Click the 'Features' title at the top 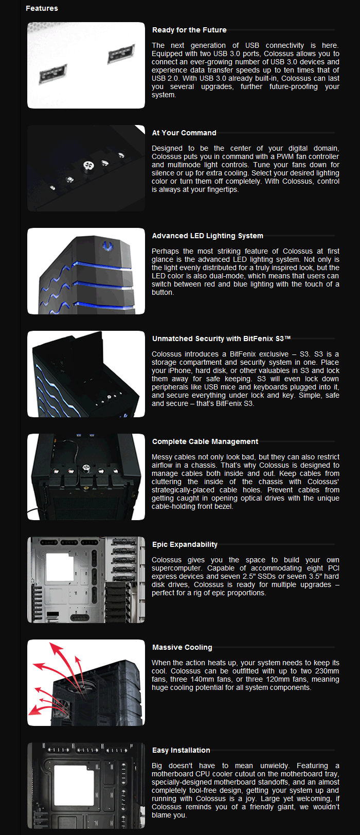click(x=42, y=8)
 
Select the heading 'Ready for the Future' click(x=189, y=30)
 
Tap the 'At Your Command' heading click(x=184, y=133)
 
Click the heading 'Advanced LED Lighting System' click(x=207, y=236)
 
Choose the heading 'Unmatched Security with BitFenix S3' click(x=221, y=339)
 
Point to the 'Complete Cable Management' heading click(x=205, y=441)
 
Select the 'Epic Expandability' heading click(x=185, y=544)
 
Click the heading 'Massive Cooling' click(x=182, y=647)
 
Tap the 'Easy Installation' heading click(x=181, y=750)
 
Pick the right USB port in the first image click(x=121, y=52)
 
